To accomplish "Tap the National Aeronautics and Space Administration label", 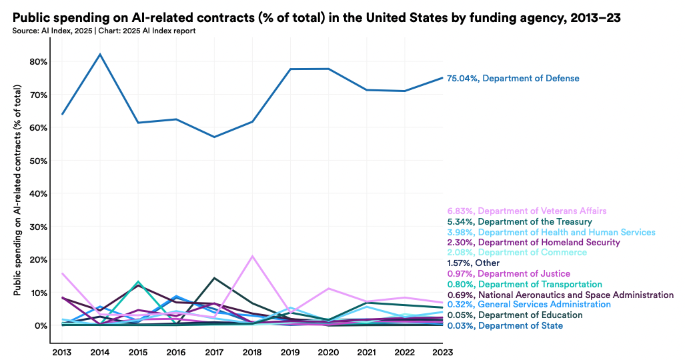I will [x=563, y=295].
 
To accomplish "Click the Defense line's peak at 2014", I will [x=100, y=54].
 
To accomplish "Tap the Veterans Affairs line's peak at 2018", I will [x=253, y=256].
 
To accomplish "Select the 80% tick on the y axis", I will [x=37, y=62].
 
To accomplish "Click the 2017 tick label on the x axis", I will [x=214, y=351].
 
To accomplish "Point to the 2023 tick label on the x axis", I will [x=442, y=351].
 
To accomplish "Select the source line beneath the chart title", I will [x=103, y=31].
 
